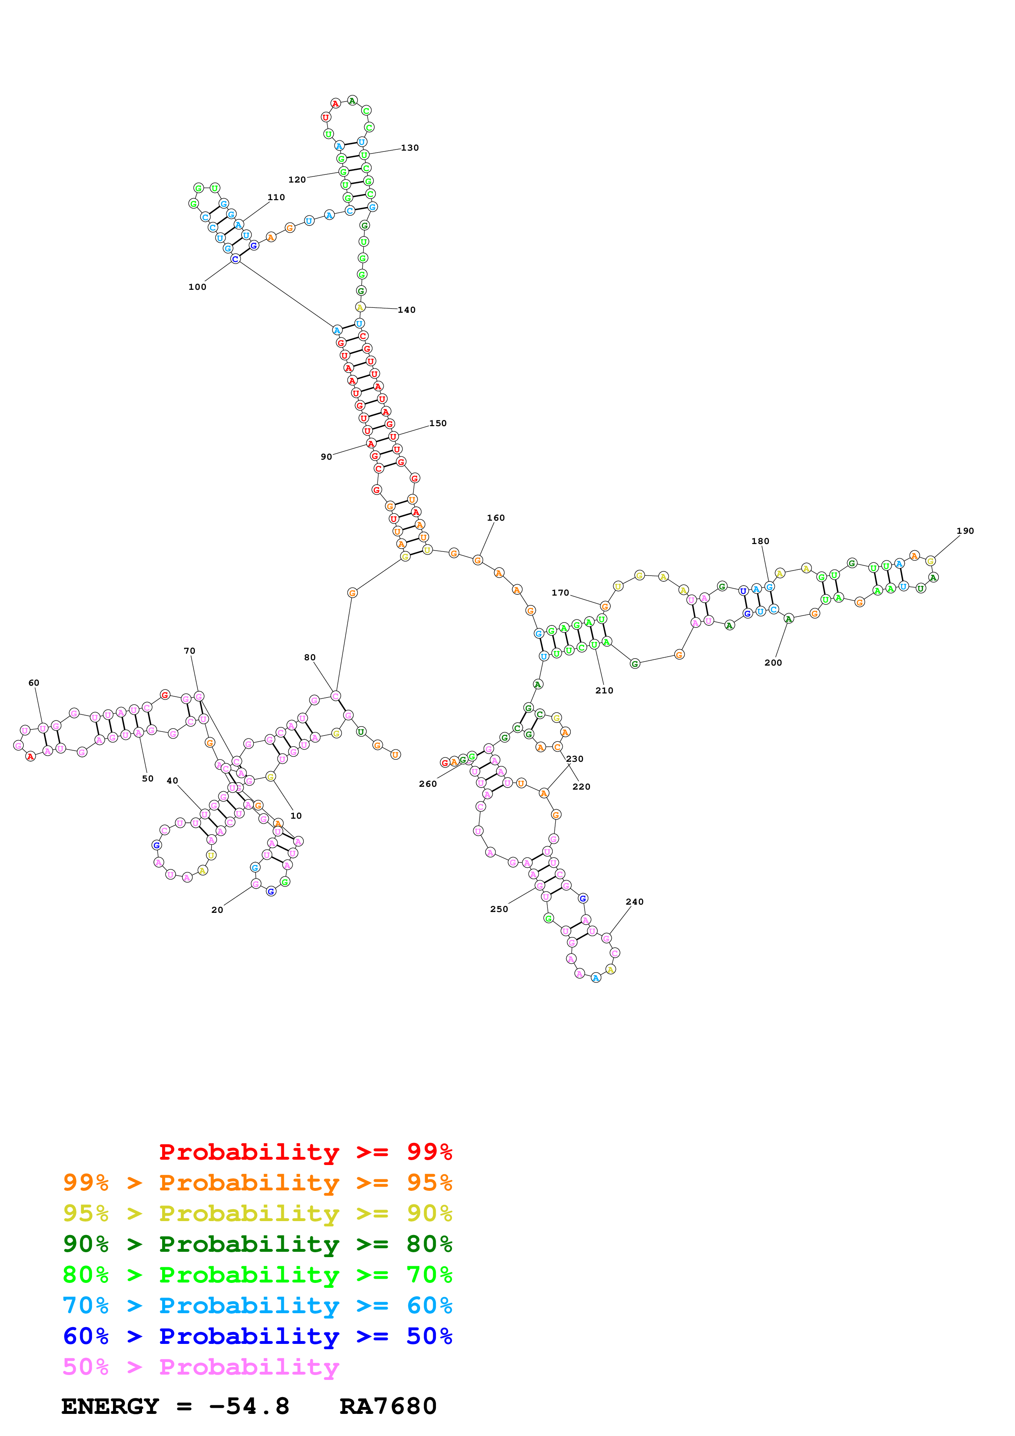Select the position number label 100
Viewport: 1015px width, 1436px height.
tap(197, 287)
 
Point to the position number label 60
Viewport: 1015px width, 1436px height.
tap(34, 683)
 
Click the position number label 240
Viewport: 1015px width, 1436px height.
tap(634, 902)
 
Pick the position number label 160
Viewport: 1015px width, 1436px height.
tap(495, 518)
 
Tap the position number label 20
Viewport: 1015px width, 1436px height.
tap(217, 910)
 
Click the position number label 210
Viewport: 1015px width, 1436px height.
tap(604, 691)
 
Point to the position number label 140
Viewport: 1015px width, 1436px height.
tap(407, 310)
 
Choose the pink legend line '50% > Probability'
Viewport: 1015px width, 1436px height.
tap(200, 1367)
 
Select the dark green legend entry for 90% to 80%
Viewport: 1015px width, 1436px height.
tap(257, 1244)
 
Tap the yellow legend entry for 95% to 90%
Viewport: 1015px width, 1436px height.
tap(257, 1213)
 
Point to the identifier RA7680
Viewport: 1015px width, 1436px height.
tap(388, 1407)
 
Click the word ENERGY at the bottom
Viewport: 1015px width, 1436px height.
tap(110, 1407)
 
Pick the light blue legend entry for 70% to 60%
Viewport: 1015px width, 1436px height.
tap(257, 1306)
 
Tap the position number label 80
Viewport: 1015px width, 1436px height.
tap(310, 657)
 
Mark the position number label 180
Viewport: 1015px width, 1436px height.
tap(760, 542)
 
